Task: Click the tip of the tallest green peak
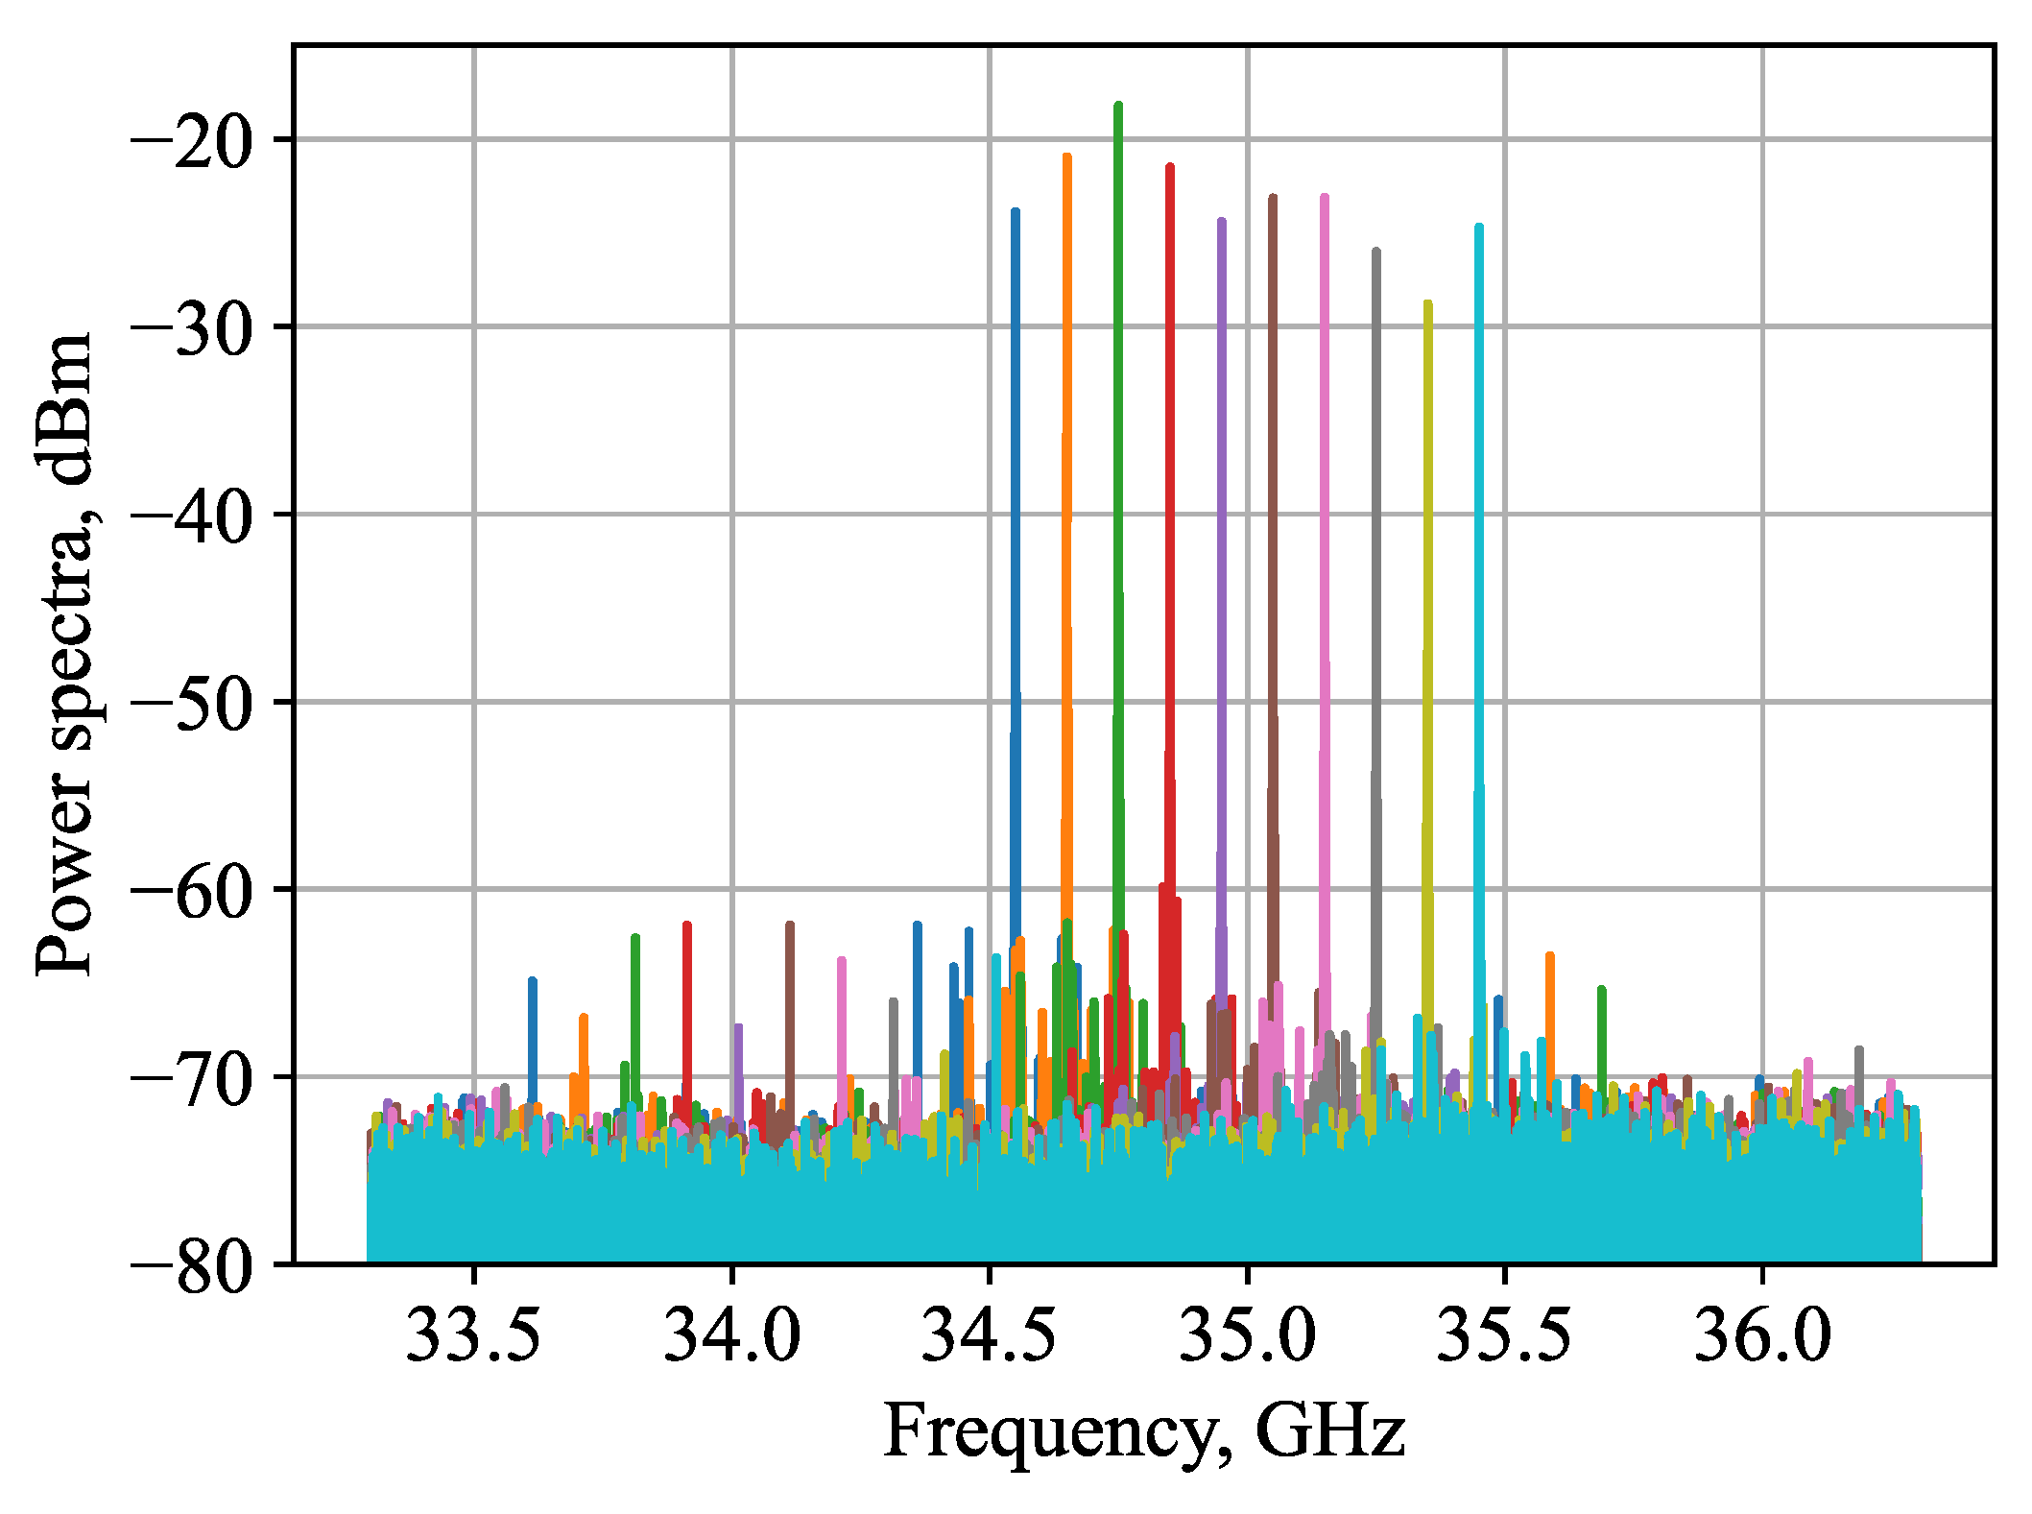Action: pos(1118,105)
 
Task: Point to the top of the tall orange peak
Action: pos(1066,156)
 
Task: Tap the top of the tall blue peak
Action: pos(1015,210)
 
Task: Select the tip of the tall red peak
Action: pos(1170,167)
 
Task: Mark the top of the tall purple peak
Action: pos(1221,221)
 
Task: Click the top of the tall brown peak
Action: pos(1273,198)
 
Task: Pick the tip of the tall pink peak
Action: pos(1325,197)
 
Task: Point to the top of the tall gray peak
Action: pos(1376,251)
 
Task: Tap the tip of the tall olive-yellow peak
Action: pos(1428,303)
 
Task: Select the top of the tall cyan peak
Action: pos(1479,227)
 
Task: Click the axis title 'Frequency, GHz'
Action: pos(1143,1433)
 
